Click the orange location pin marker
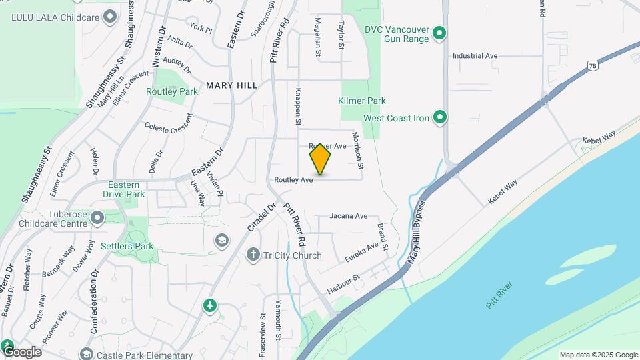tap(320, 159)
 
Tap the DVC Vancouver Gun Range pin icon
tap(439, 33)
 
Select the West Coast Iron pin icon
tap(439, 118)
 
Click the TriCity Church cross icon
tap(253, 255)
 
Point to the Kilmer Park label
tap(362, 101)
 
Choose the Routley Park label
tap(172, 91)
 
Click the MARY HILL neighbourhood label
tap(231, 85)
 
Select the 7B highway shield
tap(592, 65)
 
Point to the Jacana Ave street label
tap(348, 216)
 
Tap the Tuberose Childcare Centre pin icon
tap(98, 217)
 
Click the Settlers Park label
tap(127, 246)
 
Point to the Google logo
tap(21, 351)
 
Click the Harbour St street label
tap(343, 285)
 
